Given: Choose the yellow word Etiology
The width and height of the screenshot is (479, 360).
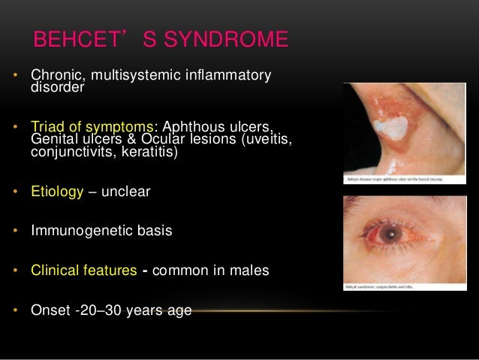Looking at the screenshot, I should (56, 192).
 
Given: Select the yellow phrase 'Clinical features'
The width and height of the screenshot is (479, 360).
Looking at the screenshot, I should (84, 270).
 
